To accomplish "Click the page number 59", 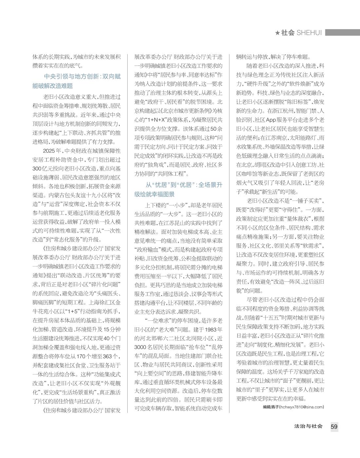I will pyautogui.click(x=334, y=427).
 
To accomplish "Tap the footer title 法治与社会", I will pyautogui.click(x=308, y=426).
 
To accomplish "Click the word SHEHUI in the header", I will pyautogui.click(x=309, y=33).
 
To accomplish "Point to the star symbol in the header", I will pyautogui.click(x=277, y=33).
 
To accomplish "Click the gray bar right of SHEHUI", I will pyautogui.click(x=342, y=33).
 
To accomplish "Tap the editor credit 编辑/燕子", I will pyautogui.click(x=270, y=407).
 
